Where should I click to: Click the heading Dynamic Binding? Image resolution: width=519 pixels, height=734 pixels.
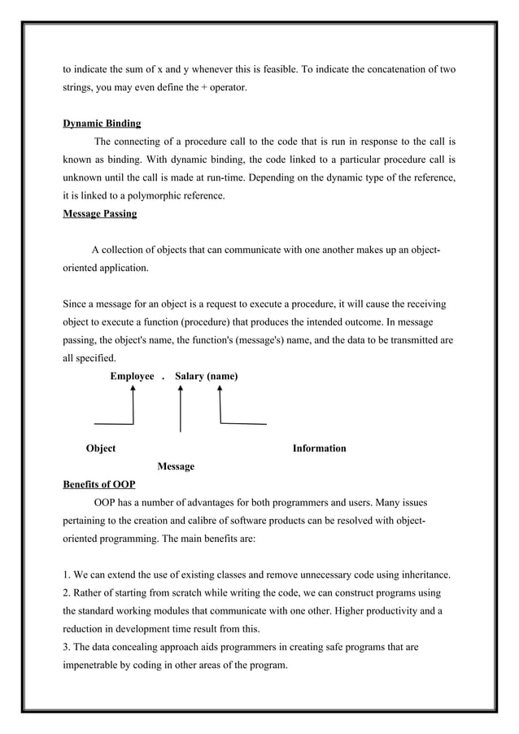click(x=102, y=124)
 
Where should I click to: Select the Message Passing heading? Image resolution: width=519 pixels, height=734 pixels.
click(x=100, y=214)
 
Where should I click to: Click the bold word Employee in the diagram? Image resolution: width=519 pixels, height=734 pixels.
click(x=132, y=376)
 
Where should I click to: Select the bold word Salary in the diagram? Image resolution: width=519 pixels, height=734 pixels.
click(x=189, y=376)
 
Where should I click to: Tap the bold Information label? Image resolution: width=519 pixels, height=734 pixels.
click(x=319, y=448)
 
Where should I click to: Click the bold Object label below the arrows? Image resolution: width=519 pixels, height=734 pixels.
click(x=101, y=448)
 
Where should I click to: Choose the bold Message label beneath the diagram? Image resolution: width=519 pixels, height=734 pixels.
click(x=176, y=466)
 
